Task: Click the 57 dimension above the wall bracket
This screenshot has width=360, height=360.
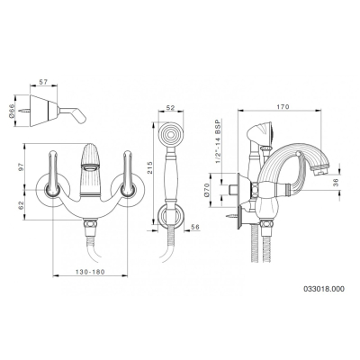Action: (43, 81)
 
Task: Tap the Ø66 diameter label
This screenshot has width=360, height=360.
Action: (12, 111)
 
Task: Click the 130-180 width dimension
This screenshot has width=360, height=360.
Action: (90, 272)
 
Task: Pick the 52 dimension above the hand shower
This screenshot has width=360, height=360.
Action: (170, 108)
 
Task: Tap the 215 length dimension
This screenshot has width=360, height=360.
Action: (150, 168)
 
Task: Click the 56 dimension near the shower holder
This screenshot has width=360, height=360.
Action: (195, 227)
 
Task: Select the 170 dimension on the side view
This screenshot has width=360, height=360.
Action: (283, 106)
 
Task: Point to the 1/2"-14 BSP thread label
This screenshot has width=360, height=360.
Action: (219, 141)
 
